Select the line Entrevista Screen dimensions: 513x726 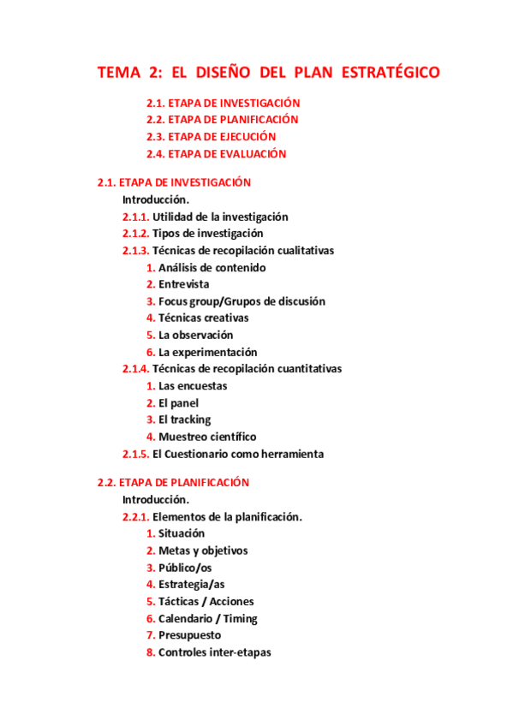(183, 284)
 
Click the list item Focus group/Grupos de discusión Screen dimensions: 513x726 (242, 301)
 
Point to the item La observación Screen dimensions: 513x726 (195, 335)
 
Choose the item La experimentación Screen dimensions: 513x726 (207, 352)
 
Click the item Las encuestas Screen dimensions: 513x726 (193, 386)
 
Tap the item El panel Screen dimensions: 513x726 (178, 403)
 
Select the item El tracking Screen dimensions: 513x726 (184, 420)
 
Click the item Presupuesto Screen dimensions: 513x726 (189, 635)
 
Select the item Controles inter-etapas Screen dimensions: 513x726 (214, 652)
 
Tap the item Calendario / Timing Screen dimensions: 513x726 (208, 618)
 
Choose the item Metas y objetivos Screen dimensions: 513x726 (203, 550)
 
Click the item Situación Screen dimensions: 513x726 (182, 533)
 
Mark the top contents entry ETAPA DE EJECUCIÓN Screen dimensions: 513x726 (222, 137)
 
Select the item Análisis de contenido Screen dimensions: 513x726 (212, 267)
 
